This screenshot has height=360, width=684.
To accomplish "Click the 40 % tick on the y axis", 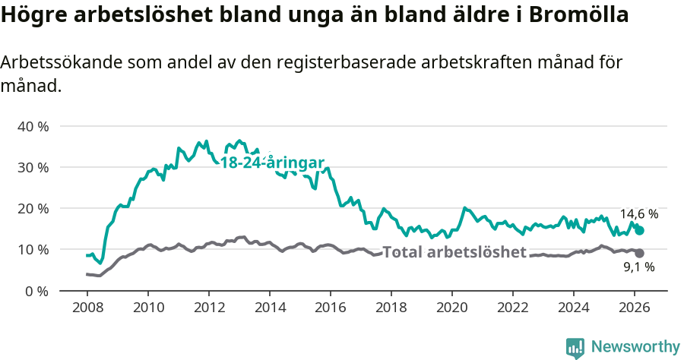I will tap(33, 126).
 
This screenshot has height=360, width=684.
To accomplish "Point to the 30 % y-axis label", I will tap(33, 167).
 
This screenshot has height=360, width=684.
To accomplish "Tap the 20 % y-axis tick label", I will tap(33, 208).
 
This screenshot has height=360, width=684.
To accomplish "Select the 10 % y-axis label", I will tap(33, 249).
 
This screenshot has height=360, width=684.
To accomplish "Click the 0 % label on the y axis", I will tap(36, 291).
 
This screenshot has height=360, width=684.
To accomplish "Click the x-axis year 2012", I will tap(208, 307).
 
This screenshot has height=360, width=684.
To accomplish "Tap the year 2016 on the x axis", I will tap(330, 307).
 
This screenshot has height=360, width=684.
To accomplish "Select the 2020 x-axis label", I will tap(451, 307).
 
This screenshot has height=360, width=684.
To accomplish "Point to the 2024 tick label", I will tap(573, 307).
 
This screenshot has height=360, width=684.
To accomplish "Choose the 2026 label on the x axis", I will tap(634, 307).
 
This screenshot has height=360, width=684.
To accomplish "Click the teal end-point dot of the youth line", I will tap(639, 230).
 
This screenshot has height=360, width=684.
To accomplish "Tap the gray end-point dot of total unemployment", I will tap(639, 253).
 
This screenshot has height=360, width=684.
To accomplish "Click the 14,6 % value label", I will tap(638, 214).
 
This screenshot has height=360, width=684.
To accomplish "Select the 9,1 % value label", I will tap(638, 267).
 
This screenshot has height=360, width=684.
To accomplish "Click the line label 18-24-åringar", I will tap(272, 163).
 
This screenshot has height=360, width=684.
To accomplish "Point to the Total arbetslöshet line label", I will tap(454, 252).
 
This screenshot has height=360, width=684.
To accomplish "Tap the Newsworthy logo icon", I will tap(575, 347).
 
